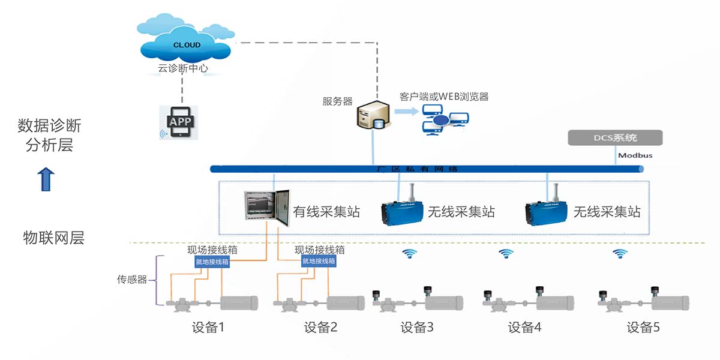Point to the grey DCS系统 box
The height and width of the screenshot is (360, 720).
click(615, 138)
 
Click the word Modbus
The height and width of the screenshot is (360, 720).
click(635, 155)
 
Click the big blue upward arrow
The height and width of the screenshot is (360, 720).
click(46, 179)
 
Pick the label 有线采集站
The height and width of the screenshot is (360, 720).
click(326, 212)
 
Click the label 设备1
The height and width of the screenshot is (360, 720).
click(208, 328)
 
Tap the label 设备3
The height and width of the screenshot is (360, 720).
click(417, 328)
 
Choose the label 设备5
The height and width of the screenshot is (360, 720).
click(643, 328)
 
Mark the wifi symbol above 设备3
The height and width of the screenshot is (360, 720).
click(410, 254)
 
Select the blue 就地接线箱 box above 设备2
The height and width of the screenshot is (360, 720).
click(318, 262)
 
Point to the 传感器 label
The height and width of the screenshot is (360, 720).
click(131, 280)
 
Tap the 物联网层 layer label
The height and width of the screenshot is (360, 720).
click(54, 238)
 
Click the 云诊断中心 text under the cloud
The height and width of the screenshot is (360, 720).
click(183, 68)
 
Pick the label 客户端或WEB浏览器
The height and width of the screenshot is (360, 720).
click(444, 97)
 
